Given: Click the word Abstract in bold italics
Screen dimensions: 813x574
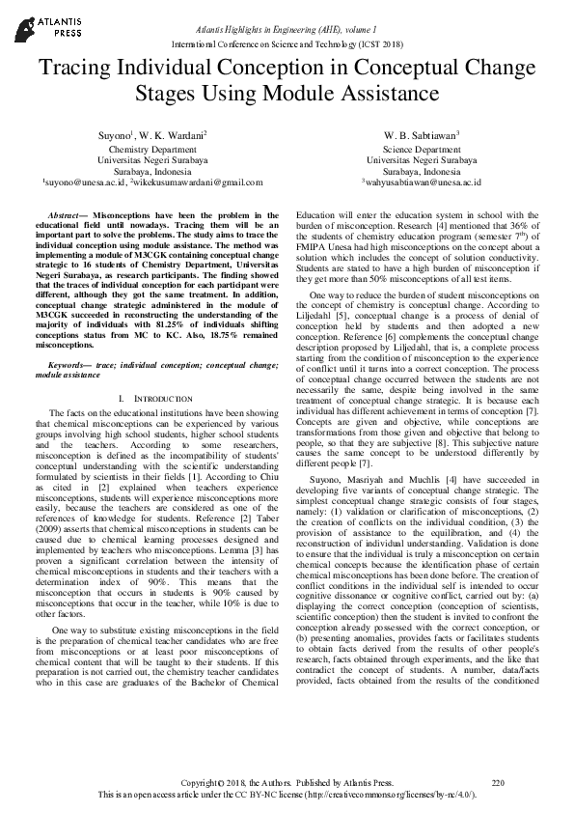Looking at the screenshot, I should tap(65, 216).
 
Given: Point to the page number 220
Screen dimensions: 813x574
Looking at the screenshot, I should tap(498, 782).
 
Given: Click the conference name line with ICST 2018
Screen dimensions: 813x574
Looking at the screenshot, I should tap(287, 45).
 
